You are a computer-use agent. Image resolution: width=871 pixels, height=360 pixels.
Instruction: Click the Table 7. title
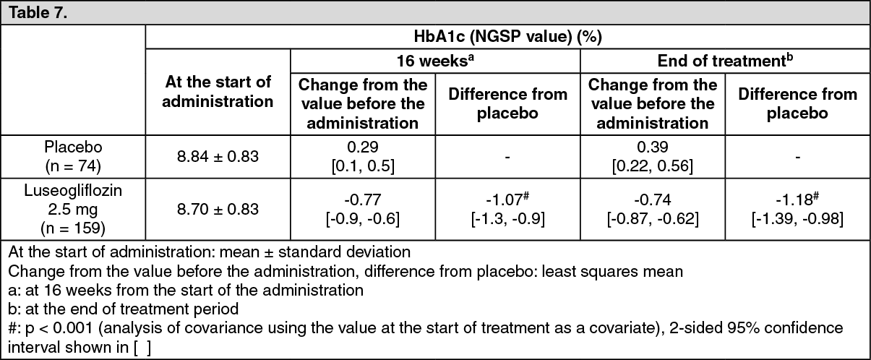coord(38,12)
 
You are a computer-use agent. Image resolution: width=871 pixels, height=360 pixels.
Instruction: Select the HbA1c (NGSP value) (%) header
coord(507,37)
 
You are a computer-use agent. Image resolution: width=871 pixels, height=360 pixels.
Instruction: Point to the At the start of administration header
coord(218,92)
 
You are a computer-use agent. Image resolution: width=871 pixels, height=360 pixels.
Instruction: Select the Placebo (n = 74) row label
coord(73,156)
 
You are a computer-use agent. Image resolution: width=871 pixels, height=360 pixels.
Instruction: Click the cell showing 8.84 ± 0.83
coord(218,156)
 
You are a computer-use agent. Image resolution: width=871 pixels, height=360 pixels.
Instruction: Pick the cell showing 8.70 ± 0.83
coord(218,209)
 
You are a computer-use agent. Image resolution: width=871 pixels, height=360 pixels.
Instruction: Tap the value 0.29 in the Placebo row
coord(363,147)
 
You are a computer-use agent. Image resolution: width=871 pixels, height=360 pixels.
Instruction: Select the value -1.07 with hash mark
coord(507,199)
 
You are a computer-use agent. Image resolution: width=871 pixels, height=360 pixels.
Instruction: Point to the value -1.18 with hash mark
coord(797,199)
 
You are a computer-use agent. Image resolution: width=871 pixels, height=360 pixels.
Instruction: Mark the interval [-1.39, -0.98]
coord(797,219)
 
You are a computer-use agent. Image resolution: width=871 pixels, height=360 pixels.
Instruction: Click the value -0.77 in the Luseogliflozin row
coord(363,200)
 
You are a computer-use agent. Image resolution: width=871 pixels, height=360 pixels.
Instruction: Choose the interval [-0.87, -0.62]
coord(653,219)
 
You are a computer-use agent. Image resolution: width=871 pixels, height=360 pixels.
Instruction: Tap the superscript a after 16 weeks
coord(471,57)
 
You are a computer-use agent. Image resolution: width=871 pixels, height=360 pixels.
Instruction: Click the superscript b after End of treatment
coord(790,57)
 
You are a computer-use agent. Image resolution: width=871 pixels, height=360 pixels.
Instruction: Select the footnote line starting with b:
coord(124,309)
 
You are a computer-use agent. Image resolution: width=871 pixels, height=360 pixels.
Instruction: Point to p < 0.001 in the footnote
coord(59,328)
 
